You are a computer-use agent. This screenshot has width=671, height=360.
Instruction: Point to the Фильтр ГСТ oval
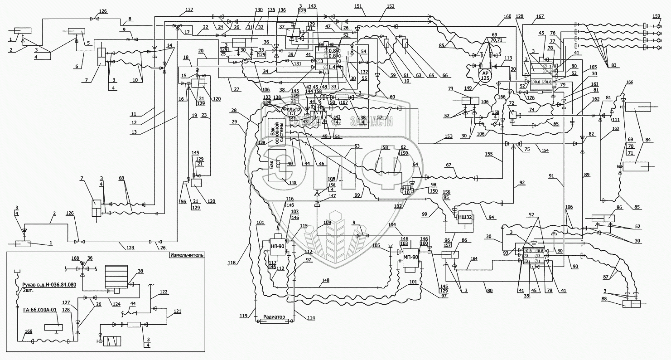(x=291, y=111)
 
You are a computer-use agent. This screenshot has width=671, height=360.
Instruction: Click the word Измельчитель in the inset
(x=187, y=255)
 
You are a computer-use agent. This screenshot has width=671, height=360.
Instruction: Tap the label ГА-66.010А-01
(x=38, y=311)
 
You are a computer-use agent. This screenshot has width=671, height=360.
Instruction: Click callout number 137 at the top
(x=189, y=10)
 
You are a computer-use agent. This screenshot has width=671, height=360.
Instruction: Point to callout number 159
(x=656, y=17)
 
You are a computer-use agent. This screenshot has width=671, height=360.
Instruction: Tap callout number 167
(x=540, y=17)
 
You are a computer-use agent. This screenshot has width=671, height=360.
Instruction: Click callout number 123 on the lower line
(x=130, y=247)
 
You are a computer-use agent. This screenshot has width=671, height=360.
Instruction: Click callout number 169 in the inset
(x=28, y=332)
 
